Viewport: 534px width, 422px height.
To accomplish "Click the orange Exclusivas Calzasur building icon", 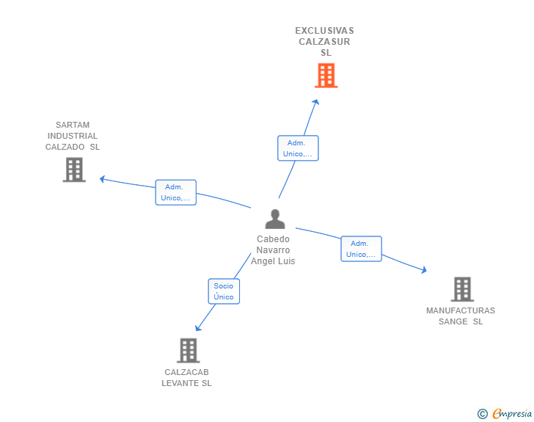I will click(326, 76).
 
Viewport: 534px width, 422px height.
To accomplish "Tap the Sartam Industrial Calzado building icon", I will click(73, 170).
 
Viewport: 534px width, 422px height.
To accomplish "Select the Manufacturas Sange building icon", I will click(461, 289).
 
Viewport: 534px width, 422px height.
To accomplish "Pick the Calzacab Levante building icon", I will click(188, 350).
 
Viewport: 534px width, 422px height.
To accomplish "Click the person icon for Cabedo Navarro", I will click(274, 219).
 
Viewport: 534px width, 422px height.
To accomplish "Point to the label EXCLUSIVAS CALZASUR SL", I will click(325, 42).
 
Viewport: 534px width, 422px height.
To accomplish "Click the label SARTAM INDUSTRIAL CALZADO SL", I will click(73, 136).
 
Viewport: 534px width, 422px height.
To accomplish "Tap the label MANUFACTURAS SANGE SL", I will click(461, 316).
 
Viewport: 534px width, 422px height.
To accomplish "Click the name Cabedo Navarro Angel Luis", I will click(273, 250).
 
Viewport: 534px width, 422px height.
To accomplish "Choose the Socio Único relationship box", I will click(224, 291).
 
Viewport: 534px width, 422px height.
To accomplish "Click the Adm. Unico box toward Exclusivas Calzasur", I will click(298, 148).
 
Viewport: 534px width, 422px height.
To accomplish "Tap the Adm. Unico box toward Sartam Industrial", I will click(176, 192).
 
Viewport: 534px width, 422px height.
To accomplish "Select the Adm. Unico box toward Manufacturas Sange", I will click(361, 249).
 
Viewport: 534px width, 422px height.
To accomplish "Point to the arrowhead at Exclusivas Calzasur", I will click(317, 102).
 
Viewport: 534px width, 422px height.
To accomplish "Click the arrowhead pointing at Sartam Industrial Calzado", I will click(103, 178).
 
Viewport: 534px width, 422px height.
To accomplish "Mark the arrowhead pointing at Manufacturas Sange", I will click(423, 270).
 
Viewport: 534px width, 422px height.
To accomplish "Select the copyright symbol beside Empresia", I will click(482, 414).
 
